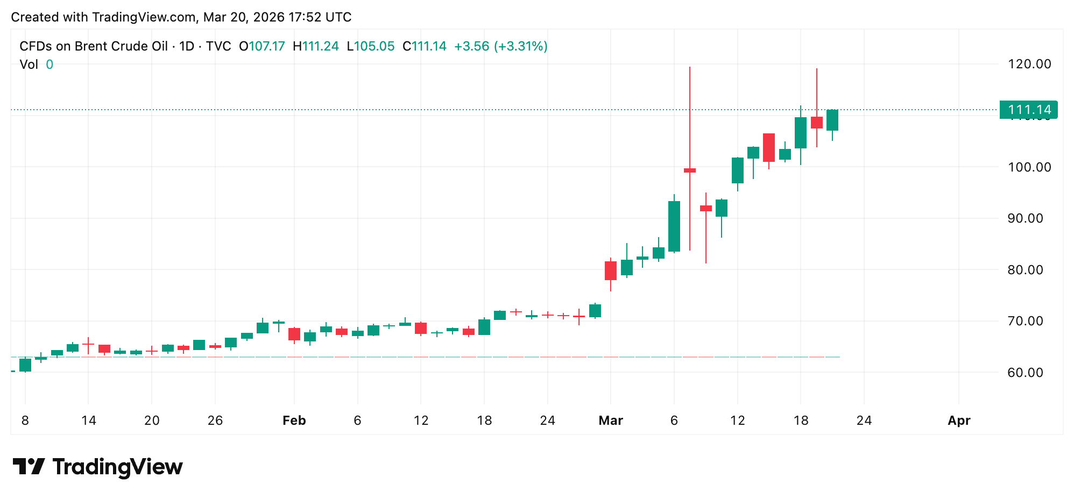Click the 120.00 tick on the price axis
pos(1029,64)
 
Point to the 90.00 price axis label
pos(1029,218)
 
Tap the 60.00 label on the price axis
pos(1029,372)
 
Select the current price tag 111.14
pos(1028,110)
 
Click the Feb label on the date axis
pos(294,420)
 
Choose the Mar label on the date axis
pos(610,420)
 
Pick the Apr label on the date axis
pos(958,420)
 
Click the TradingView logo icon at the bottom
pos(29,466)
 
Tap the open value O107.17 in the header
pos(262,46)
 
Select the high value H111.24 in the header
pos(316,46)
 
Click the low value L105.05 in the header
pos(371,46)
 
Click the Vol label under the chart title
pos(29,65)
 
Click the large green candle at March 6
pos(674,226)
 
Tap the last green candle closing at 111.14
pos(832,120)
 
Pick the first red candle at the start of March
pos(610,270)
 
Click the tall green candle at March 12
pos(737,170)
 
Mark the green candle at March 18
pos(800,133)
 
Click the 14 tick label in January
pos(88,420)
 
